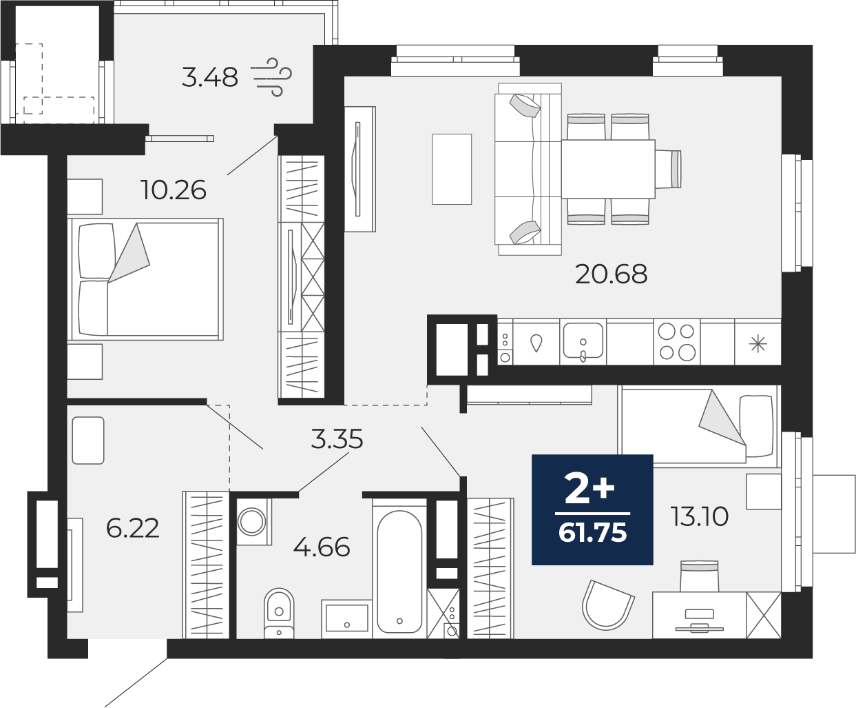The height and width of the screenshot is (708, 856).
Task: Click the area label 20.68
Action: [612, 274]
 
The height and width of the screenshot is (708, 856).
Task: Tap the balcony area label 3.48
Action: [210, 77]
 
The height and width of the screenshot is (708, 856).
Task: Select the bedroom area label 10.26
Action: [173, 190]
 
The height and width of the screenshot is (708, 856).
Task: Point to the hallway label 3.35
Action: [336, 439]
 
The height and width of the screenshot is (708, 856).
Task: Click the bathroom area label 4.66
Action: [322, 548]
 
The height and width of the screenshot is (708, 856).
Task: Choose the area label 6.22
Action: [133, 529]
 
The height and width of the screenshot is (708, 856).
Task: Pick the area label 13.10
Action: [699, 516]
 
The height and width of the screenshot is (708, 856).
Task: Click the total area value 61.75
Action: [593, 532]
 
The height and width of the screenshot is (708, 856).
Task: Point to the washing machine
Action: [253, 521]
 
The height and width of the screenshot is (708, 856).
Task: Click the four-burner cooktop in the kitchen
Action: [676, 342]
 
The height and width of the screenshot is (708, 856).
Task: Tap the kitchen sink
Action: [583, 341]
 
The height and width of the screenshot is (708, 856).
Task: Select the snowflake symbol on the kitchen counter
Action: [758, 343]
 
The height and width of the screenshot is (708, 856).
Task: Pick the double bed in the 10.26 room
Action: [145, 279]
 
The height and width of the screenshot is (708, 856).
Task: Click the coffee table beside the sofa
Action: [452, 169]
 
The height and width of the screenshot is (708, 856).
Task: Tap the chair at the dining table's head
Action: [669, 169]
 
